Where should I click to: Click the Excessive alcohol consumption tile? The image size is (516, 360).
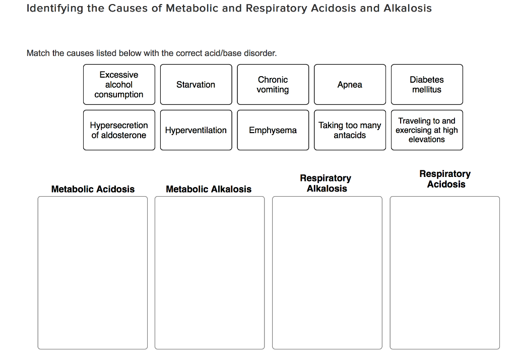119,85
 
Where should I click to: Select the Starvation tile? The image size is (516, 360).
196,85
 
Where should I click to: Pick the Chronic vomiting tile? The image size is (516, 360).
273,85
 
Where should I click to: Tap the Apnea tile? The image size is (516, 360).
350,85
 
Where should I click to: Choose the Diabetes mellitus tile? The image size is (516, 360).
427,85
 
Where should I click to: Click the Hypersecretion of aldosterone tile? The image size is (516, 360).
119,130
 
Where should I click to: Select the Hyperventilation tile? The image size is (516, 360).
196,130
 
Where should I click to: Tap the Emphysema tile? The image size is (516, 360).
273,130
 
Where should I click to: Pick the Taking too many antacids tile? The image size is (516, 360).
350,130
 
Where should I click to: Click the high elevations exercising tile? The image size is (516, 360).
427,130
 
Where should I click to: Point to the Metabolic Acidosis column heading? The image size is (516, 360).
93,189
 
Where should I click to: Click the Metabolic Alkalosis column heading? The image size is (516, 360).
209,189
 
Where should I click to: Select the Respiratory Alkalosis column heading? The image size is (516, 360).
326,184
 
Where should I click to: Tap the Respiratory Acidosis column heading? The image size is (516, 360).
445,179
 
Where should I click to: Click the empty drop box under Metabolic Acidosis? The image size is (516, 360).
93,272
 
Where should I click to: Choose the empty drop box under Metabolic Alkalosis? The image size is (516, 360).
210,272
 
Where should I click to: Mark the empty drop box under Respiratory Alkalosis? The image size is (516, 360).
327,272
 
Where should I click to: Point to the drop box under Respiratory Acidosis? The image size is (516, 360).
445,272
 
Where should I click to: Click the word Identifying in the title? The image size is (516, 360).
55,9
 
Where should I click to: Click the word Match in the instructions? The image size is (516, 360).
38,53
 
